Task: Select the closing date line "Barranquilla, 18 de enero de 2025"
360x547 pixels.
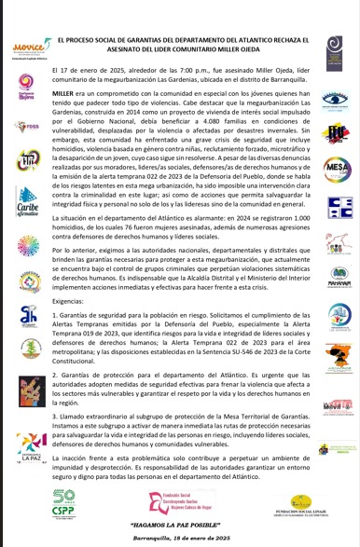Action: tap(180, 539)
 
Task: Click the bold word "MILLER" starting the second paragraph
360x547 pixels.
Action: tap(62, 94)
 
